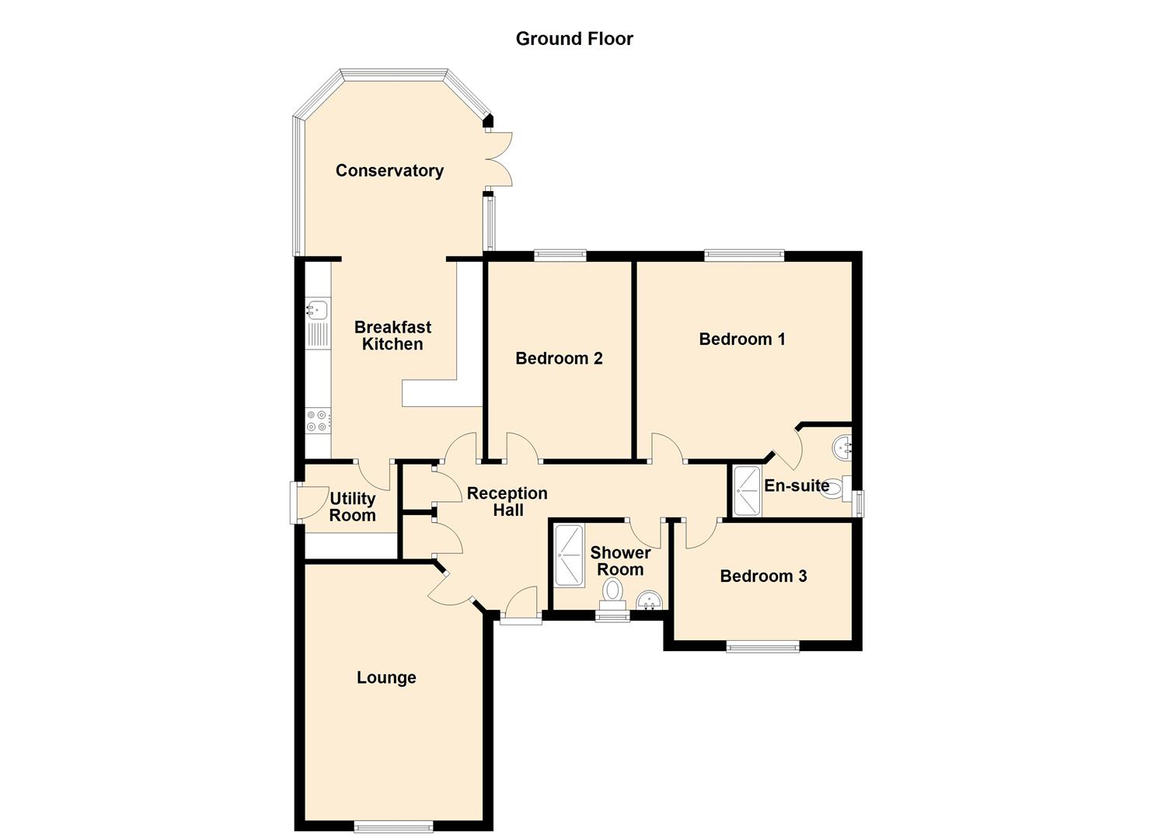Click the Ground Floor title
(574, 39)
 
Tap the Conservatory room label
(389, 171)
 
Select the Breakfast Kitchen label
(392, 336)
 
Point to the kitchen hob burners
(317, 420)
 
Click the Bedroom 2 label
(559, 358)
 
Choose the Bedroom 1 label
(742, 339)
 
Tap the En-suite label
(797, 486)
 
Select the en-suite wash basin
(842, 447)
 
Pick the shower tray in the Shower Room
(568, 555)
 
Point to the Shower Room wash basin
(649, 601)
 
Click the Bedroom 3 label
(763, 576)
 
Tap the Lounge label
(386, 677)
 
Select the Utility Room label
(352, 507)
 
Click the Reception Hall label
(507, 502)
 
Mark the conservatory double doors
(499, 159)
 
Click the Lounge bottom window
(393, 826)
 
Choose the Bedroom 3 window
(762, 646)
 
